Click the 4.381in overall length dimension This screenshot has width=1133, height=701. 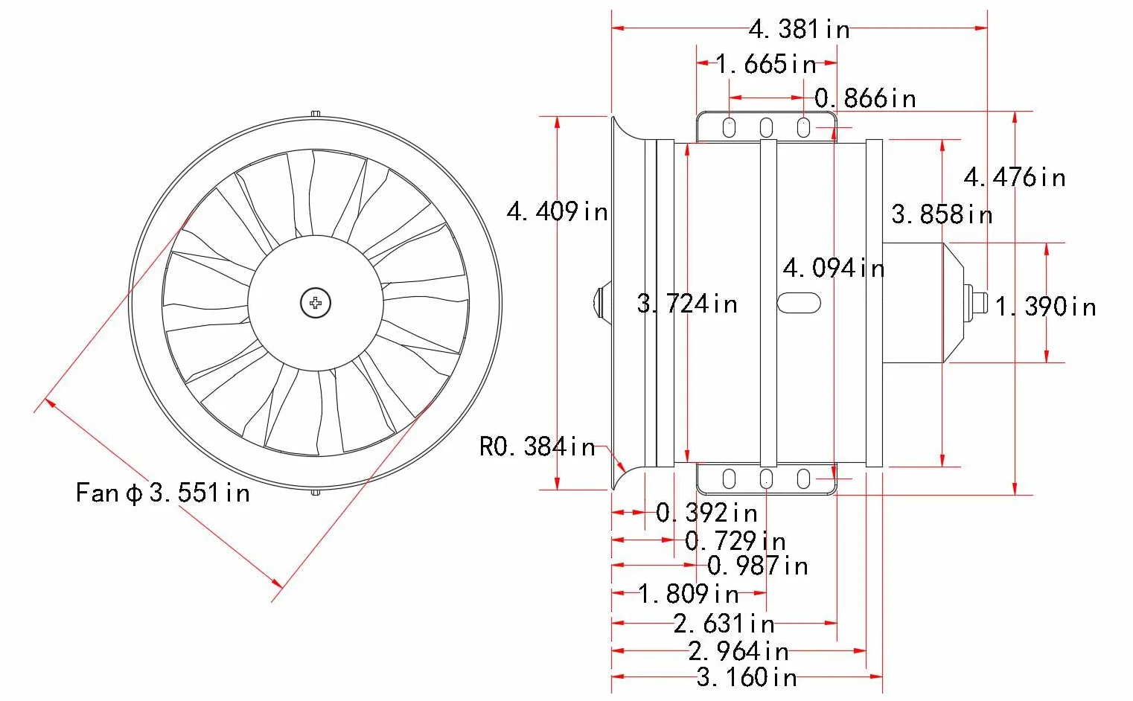click(x=800, y=29)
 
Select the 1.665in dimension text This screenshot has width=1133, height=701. click(x=766, y=64)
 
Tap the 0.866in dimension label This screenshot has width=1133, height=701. click(x=866, y=98)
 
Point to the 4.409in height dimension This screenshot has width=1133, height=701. click(x=558, y=211)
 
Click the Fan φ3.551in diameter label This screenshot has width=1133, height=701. click(x=163, y=493)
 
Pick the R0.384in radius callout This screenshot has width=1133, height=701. click(x=537, y=446)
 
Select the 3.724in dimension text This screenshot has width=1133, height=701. click(x=687, y=304)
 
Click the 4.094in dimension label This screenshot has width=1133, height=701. click(x=834, y=268)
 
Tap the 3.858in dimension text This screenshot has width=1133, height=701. click(x=942, y=214)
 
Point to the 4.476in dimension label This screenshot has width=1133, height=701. click(x=1015, y=178)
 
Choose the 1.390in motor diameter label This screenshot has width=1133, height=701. click(x=1045, y=307)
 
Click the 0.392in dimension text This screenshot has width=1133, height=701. click(x=706, y=513)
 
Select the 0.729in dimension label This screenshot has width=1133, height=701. click(x=735, y=541)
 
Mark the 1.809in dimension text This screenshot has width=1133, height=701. click(x=689, y=594)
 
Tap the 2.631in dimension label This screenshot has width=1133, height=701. click(x=724, y=624)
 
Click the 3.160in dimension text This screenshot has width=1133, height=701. click(x=747, y=677)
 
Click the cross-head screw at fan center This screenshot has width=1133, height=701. click(x=316, y=304)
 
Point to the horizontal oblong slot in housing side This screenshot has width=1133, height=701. click(x=799, y=303)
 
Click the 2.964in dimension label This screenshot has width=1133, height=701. click(x=738, y=651)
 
